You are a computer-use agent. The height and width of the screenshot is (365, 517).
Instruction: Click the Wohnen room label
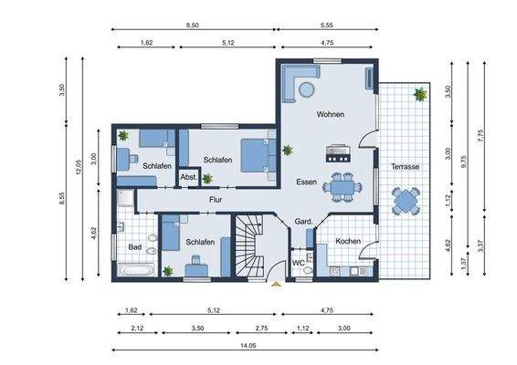pyautogui.click(x=331, y=115)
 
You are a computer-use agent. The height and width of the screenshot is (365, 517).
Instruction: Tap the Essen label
pyautogui.click(x=307, y=182)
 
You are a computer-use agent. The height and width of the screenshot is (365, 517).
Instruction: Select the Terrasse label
pyautogui.click(x=405, y=167)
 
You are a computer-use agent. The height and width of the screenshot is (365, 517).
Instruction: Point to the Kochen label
pyautogui.click(x=348, y=242)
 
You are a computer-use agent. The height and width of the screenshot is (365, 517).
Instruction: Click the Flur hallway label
pyautogui.click(x=216, y=199)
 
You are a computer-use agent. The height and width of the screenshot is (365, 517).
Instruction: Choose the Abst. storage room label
pyautogui.click(x=189, y=177)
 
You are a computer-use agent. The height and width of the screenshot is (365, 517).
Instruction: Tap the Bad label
pyautogui.click(x=134, y=247)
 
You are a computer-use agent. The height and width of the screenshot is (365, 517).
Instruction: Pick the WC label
pyautogui.click(x=298, y=264)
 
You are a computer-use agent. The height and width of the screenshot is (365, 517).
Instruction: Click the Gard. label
pyautogui.click(x=303, y=223)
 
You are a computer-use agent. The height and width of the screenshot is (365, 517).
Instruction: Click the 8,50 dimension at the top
pyautogui.click(x=193, y=26)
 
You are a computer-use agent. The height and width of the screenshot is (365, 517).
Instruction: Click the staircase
pyautogui.click(x=248, y=245)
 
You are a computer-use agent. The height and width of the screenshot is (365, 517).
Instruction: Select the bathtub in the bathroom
pyautogui.click(x=134, y=271)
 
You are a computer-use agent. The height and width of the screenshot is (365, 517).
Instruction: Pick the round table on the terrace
pyautogui.click(x=405, y=200)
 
